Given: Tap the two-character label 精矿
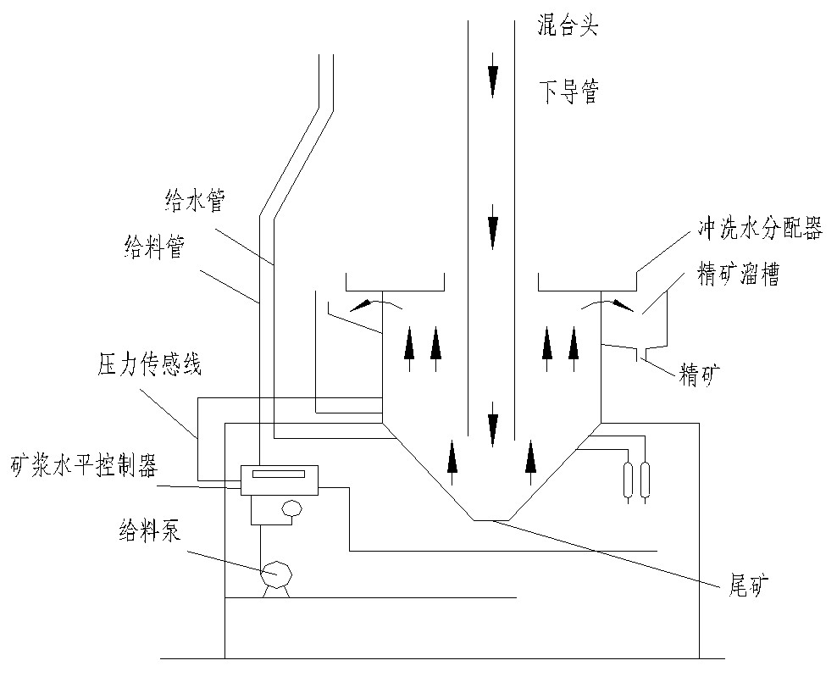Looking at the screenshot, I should click(700, 373).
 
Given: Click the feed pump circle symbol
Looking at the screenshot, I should click(275, 574).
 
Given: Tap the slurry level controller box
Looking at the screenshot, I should click(279, 480).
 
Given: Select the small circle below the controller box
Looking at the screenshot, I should click(292, 509).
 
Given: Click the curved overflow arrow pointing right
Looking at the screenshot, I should click(608, 302).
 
